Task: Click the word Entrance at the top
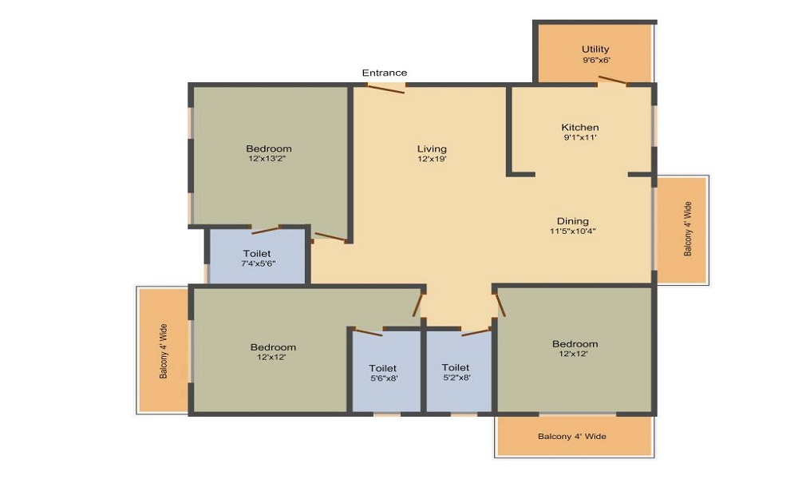385,73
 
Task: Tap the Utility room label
595,49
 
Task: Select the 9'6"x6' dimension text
595,60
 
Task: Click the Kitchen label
580,127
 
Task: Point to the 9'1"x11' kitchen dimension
580,137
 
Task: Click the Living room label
432,148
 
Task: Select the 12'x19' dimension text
432,159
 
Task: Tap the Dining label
573,221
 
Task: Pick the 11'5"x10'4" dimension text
573,232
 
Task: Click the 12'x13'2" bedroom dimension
269,159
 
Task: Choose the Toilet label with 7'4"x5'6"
257,253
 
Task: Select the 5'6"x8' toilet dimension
383,378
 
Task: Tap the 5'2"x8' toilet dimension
456,378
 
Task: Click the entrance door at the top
387,87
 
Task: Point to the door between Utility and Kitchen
613,80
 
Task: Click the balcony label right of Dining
688,229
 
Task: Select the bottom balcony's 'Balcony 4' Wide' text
572,437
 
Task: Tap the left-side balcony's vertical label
164,350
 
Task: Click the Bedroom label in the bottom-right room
575,344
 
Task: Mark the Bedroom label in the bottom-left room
273,347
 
